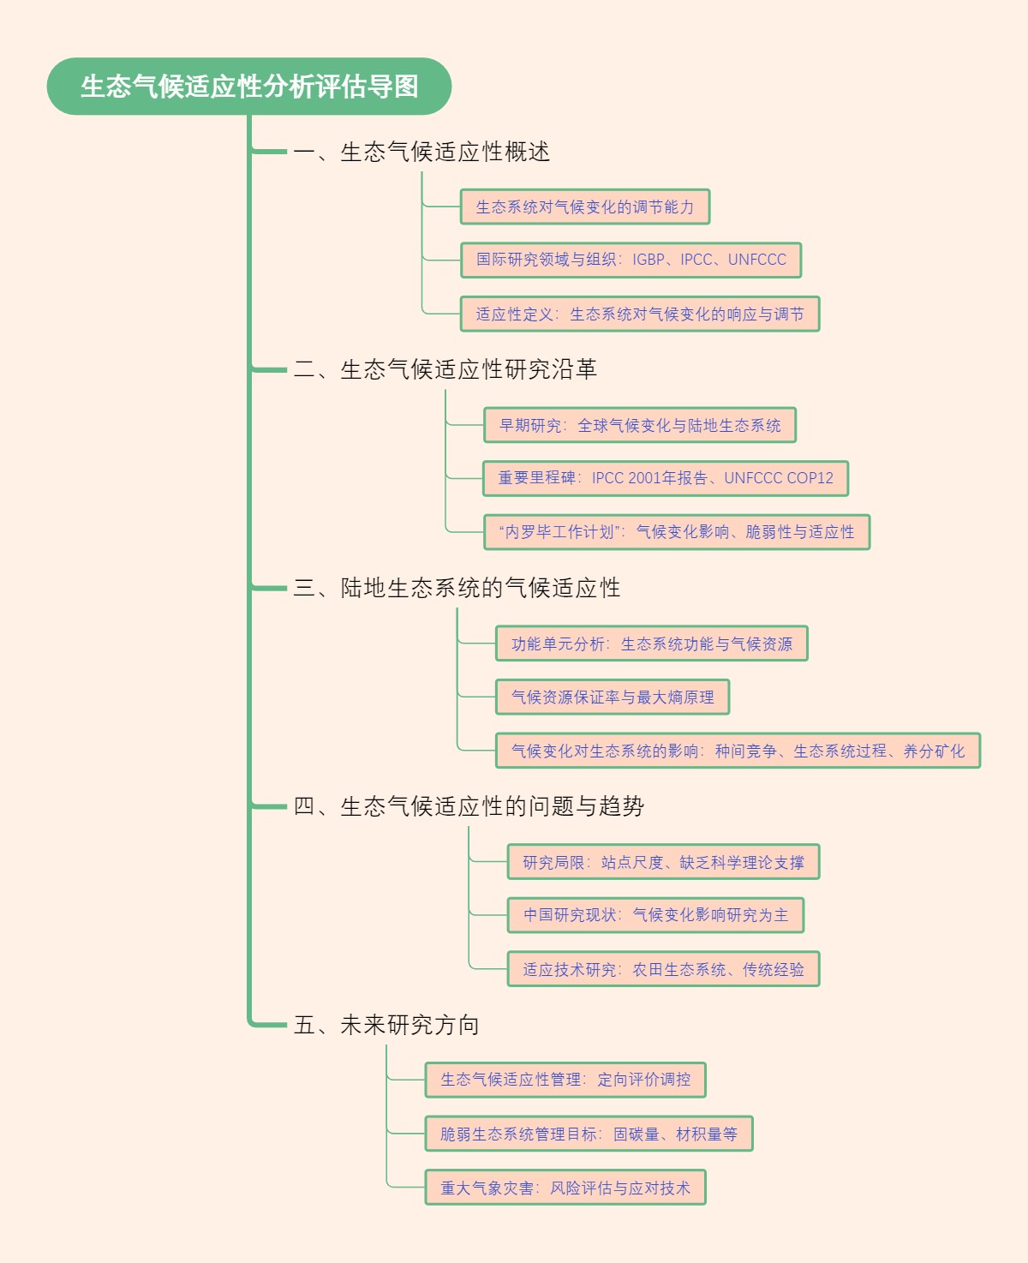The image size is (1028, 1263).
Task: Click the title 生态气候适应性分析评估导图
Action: pos(248,87)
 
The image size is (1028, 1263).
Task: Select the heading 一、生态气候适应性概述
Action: pos(421,152)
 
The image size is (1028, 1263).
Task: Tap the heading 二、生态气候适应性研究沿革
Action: pos(445,369)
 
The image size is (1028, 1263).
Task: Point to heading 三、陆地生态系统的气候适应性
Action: pos(457,588)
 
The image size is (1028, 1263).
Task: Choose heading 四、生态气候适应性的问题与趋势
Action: pos(469,806)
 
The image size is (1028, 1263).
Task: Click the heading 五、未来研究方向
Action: pos(386,1025)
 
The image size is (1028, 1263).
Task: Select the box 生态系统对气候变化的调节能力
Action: pos(585,207)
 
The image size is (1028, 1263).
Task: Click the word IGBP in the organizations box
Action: pos(648,260)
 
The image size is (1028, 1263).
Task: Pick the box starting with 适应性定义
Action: pos(639,314)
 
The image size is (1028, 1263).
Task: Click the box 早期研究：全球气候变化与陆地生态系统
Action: pos(639,426)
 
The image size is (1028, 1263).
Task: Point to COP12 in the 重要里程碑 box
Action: pos(810,478)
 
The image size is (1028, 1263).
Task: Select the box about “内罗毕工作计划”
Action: pos(676,532)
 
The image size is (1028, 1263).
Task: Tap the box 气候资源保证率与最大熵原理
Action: pos(612,697)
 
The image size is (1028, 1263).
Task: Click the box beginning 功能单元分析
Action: pos(651,644)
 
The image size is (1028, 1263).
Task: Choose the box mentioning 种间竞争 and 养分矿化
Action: pos(737,751)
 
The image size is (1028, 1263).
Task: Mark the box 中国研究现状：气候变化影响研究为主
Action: pos(655,916)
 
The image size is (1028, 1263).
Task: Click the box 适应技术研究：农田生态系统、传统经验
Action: pos(663,970)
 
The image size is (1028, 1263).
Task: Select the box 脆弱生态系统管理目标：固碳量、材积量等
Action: pos(589,1134)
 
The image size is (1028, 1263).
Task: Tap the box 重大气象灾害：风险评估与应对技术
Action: pos(565,1188)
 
